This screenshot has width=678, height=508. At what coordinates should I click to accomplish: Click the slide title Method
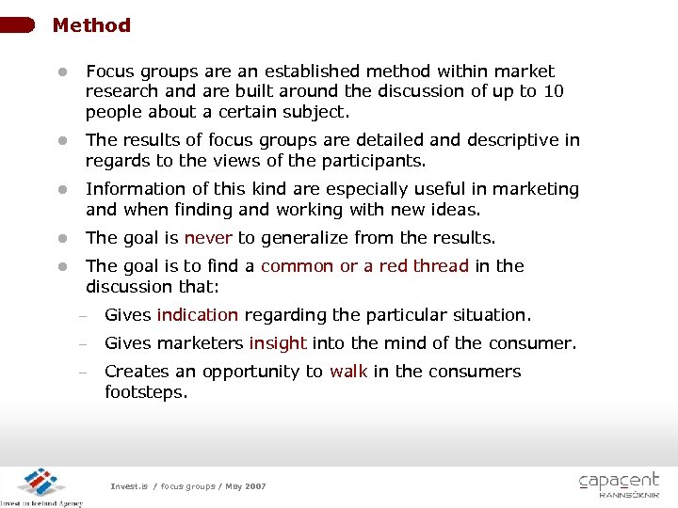pyautogui.click(x=91, y=25)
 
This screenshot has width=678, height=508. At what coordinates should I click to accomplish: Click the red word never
pyautogui.click(x=208, y=238)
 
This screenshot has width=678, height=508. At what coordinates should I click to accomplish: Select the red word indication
pyautogui.click(x=198, y=315)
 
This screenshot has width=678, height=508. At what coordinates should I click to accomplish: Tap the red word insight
pyautogui.click(x=278, y=343)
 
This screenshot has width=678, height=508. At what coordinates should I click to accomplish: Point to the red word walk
pyautogui.click(x=348, y=372)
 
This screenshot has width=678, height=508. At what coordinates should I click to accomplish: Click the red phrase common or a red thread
pyautogui.click(x=364, y=266)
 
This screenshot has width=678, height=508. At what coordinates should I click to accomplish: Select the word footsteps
pyautogui.click(x=146, y=391)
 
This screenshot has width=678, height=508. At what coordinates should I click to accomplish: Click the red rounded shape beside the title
pyautogui.click(x=19, y=24)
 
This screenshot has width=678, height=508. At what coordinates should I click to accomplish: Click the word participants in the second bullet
pyautogui.click(x=378, y=161)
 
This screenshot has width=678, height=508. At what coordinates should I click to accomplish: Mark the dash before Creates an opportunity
pyautogui.click(x=82, y=373)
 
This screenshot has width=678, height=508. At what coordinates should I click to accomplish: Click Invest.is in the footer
pyautogui.click(x=130, y=486)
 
